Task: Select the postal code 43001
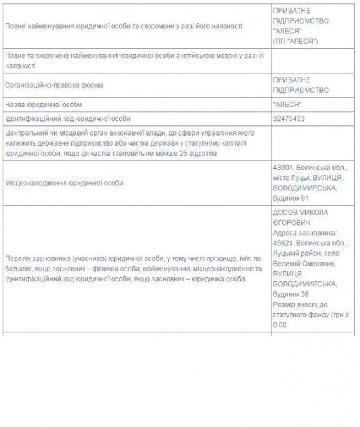(x=283, y=169)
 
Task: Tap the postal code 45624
(x=283, y=243)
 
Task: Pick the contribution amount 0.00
(x=279, y=325)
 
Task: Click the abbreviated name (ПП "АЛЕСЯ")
(x=295, y=42)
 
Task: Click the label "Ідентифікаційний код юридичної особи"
(x=67, y=119)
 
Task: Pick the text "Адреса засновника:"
(x=304, y=233)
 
